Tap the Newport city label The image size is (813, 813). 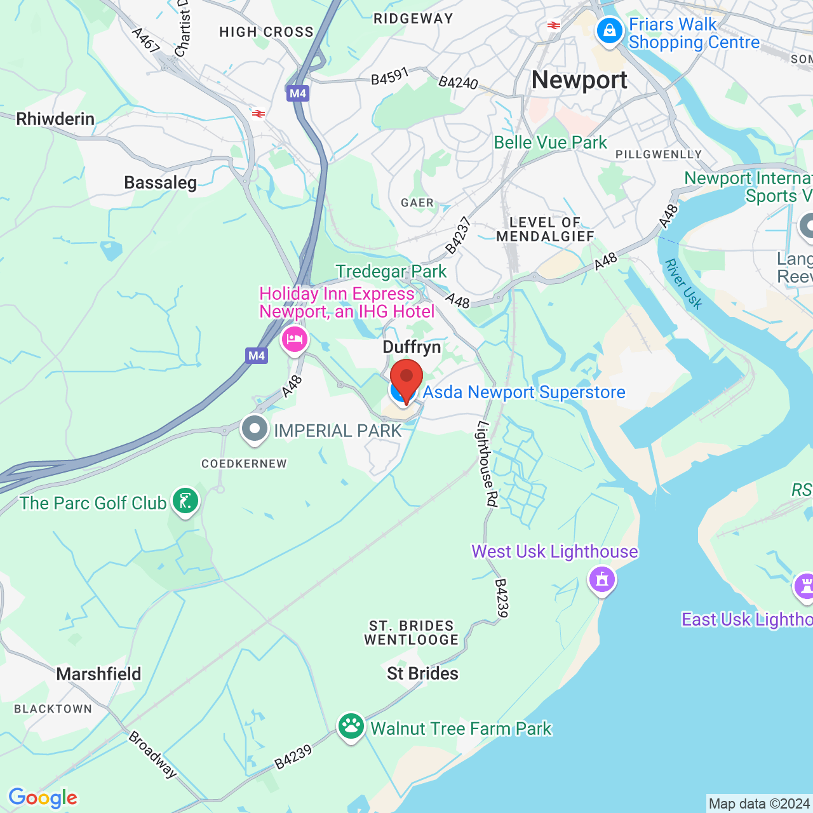(x=579, y=80)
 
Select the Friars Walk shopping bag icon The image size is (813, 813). (x=610, y=31)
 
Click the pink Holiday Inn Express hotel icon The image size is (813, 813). (x=294, y=339)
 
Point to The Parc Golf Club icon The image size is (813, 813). (x=185, y=502)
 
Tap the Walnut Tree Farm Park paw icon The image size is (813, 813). (x=351, y=727)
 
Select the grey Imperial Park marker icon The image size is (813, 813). (x=255, y=429)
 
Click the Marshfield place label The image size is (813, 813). (x=98, y=674)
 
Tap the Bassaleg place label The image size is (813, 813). (x=160, y=183)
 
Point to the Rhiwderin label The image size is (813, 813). (x=55, y=119)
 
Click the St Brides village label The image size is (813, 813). (x=422, y=673)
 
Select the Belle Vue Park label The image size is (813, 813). (x=550, y=142)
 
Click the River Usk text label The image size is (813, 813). (x=683, y=284)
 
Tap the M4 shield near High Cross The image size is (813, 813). (x=297, y=94)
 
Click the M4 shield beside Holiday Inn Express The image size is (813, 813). (x=257, y=356)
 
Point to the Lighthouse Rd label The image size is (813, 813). (x=487, y=464)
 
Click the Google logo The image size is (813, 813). (x=43, y=798)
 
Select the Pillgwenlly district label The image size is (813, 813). (x=659, y=154)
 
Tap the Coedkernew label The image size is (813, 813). (x=244, y=464)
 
